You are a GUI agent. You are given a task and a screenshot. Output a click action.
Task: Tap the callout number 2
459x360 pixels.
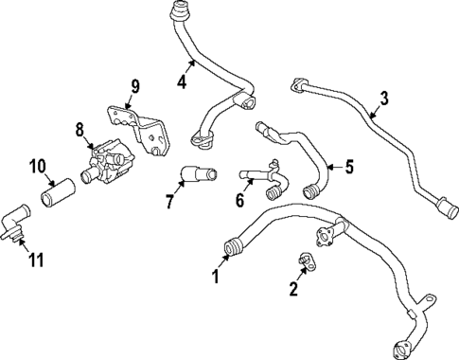[x=294, y=288]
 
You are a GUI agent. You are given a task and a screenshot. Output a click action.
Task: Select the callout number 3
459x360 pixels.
[x=384, y=97]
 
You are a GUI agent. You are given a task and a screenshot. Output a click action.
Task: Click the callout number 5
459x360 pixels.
[x=348, y=168]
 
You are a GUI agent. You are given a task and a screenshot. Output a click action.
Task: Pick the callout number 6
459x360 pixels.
[x=239, y=200]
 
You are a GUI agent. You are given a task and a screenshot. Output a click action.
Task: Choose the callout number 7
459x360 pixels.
[x=169, y=200]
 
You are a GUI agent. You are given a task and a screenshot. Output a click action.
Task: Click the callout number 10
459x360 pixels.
[x=37, y=168]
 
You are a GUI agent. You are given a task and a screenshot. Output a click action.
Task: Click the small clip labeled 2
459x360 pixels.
[x=305, y=260]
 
